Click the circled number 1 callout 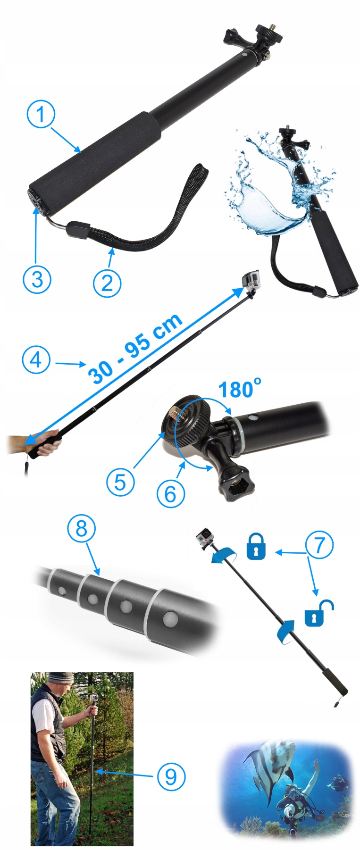[x=41, y=114]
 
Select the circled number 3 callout [x=37, y=278]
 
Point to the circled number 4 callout [x=36, y=360]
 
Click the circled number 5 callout [x=120, y=482]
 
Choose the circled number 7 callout [x=319, y=545]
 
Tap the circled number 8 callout [x=82, y=528]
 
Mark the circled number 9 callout [x=170, y=776]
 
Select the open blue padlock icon [x=318, y=613]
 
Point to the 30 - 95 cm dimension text [x=135, y=348]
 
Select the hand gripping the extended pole [x=46, y=442]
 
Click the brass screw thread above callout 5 [x=176, y=412]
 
